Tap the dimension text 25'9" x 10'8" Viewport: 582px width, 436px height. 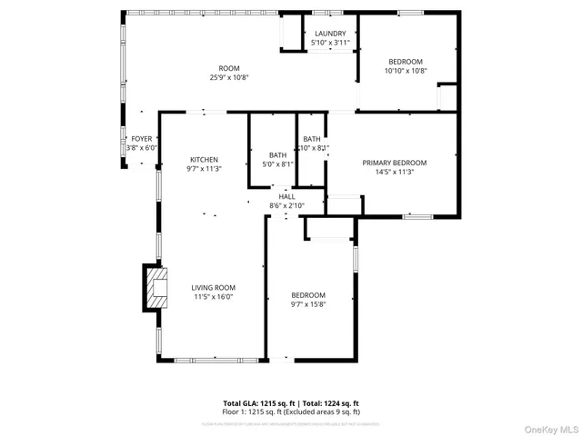tap(228, 78)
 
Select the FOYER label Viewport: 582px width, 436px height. tap(141, 139)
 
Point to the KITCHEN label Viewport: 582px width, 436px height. tap(204, 159)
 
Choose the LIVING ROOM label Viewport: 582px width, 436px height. tap(214, 287)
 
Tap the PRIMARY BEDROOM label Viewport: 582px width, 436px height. tap(395, 163)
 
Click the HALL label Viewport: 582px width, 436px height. tap(286, 196)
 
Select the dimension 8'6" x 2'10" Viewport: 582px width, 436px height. tap(286, 205)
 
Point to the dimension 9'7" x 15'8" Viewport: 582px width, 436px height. tap(308, 304)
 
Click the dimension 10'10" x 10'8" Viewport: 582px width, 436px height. tap(406, 71)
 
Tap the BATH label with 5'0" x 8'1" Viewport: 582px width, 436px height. tap(277, 155)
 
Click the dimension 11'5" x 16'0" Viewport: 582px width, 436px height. tap(214, 296)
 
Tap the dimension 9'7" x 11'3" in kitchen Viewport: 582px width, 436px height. tap(204, 168)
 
